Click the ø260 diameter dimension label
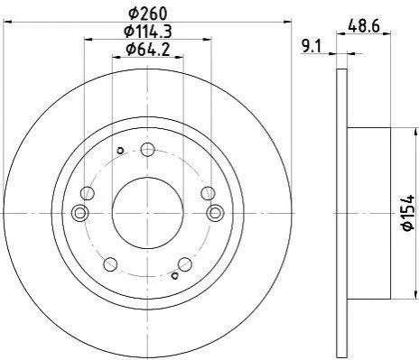click(x=147, y=13)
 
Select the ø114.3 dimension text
click(x=148, y=32)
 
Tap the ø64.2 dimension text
click(x=148, y=49)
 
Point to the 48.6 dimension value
click(x=364, y=26)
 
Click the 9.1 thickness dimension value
click(x=312, y=47)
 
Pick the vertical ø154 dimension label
click(x=408, y=213)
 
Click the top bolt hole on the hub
click(x=148, y=150)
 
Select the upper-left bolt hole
click(x=88, y=193)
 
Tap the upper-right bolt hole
click(x=208, y=193)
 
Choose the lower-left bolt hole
click(x=110, y=264)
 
